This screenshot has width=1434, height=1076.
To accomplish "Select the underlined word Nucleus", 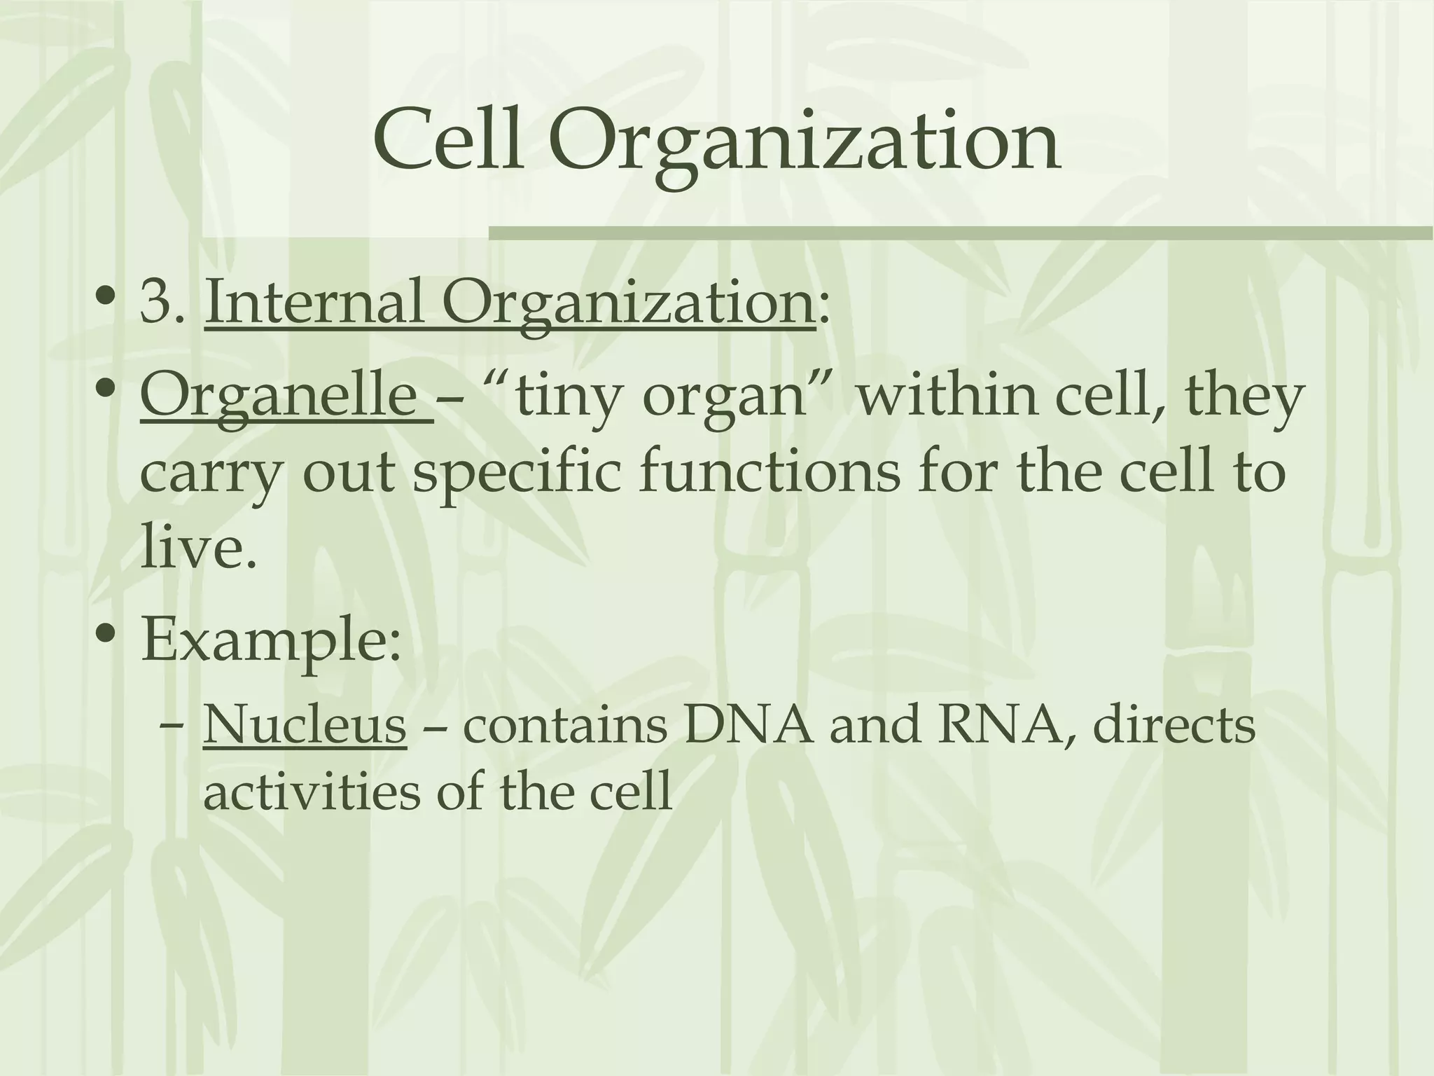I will click(x=305, y=726).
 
